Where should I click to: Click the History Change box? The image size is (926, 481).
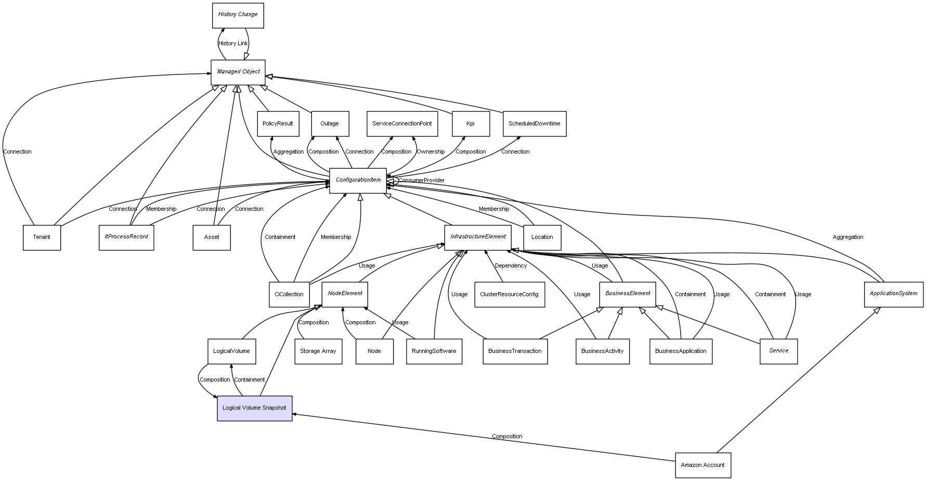(238, 15)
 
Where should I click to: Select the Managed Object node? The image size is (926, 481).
(238, 72)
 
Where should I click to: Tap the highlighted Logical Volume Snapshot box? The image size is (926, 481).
(254, 408)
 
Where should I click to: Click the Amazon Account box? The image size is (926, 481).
(702, 465)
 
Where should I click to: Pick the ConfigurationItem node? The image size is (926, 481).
(358, 180)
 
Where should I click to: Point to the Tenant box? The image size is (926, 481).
(42, 237)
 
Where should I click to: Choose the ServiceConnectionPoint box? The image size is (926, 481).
(402, 124)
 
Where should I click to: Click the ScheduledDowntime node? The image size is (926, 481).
(534, 124)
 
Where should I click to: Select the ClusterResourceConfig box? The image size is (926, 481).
(509, 295)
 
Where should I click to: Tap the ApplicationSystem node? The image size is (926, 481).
(893, 294)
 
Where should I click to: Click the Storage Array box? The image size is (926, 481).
(318, 351)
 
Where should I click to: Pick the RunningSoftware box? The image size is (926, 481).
(434, 351)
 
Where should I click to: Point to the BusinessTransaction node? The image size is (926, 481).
(515, 351)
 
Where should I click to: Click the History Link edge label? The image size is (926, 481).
(233, 44)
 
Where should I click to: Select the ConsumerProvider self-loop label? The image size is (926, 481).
(421, 181)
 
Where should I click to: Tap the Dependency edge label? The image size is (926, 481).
(511, 266)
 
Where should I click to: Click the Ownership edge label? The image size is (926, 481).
(431, 152)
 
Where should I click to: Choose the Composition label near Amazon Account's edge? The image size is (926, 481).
(507, 437)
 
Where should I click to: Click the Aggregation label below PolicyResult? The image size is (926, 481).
(289, 152)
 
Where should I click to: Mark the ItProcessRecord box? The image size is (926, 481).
(126, 237)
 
